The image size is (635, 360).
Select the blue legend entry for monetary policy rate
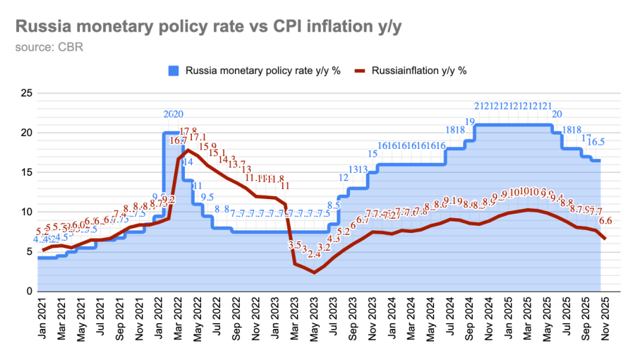pos(254,71)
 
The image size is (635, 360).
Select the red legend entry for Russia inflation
pos(410,71)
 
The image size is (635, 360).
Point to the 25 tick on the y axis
pos(27,93)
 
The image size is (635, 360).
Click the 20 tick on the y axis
pos(27,133)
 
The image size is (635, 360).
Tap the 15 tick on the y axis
pos(27,172)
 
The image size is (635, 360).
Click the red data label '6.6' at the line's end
pos(605,221)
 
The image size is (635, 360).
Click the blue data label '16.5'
pos(596,142)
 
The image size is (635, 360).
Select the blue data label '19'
pos(470,122)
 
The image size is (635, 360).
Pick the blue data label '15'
pos(373,154)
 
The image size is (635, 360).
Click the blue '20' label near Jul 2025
pos(557,114)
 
